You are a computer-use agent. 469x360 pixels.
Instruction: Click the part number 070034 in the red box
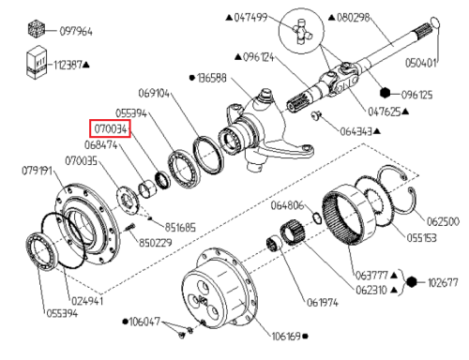[x=111, y=128]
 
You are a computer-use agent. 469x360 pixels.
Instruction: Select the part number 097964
[x=76, y=32]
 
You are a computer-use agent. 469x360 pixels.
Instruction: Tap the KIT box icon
[x=37, y=62]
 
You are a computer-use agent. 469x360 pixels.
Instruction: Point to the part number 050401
[x=420, y=63]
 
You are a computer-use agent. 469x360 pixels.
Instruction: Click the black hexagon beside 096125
[x=386, y=93]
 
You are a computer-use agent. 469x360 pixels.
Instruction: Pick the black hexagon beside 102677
[x=412, y=282]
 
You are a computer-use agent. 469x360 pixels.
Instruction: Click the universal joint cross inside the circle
[x=302, y=31]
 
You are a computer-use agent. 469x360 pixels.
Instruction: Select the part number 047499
[x=250, y=17]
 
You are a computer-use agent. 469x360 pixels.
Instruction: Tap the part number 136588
[x=211, y=78]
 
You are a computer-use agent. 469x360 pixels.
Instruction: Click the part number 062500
[x=443, y=221]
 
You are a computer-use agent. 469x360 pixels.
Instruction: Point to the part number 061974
[x=323, y=303]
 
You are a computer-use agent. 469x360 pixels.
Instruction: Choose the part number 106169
[x=286, y=337]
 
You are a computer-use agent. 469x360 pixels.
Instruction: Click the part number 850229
[x=156, y=243]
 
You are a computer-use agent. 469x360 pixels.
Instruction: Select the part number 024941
[x=87, y=301]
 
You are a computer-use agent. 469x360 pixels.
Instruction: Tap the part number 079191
[x=37, y=171]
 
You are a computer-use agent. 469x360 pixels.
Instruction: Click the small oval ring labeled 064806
[x=317, y=218]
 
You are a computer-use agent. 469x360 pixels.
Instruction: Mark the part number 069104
[x=154, y=93]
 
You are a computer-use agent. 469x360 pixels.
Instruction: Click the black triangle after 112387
[x=86, y=65]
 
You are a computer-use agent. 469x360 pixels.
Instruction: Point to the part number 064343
[x=356, y=131]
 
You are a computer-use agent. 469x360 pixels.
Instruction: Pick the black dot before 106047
[x=126, y=322]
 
